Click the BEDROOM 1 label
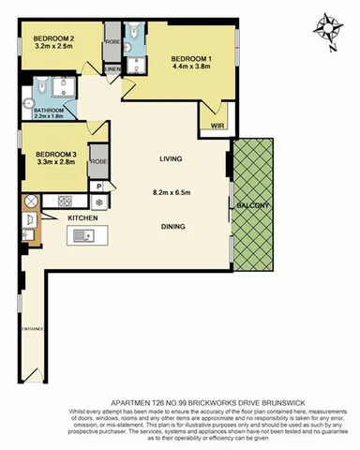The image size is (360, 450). [191, 56]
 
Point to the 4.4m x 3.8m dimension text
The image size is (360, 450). [191, 66]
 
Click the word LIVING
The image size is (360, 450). [171, 159]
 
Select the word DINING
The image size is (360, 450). [171, 226]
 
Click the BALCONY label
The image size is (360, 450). [253, 205]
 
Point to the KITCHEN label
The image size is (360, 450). [83, 217]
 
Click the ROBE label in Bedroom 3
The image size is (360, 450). [99, 162]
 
